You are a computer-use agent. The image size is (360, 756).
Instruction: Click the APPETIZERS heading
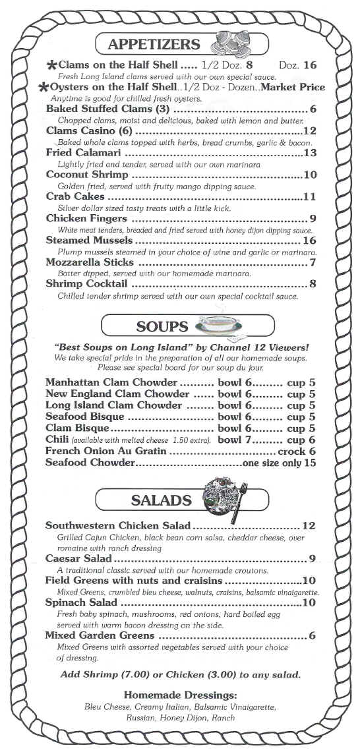coord(153,44)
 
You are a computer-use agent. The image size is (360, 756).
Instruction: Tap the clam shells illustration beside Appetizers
coord(227,45)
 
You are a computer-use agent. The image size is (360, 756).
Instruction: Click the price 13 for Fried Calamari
coord(310,153)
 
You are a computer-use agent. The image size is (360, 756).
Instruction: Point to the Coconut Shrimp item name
coord(87,175)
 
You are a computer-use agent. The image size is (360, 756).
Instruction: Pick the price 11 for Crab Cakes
coord(310,196)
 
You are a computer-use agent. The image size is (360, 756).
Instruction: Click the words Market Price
coord(293,88)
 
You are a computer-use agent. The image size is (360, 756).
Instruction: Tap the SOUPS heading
coord(162,326)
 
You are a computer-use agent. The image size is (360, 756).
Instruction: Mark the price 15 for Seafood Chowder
coord(310,463)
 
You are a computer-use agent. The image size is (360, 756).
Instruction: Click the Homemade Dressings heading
coord(180,695)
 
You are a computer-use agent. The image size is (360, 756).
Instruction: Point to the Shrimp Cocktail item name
coord(87,284)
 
